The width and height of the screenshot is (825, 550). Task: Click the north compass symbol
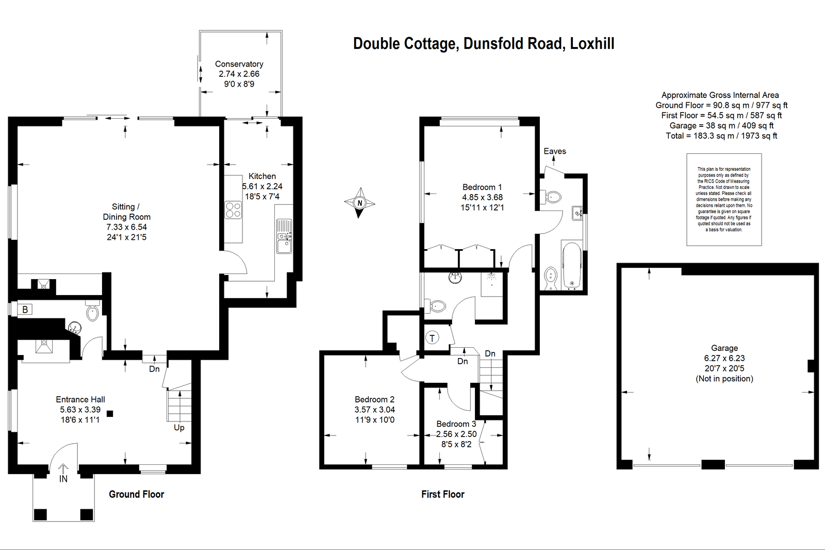click(x=359, y=203)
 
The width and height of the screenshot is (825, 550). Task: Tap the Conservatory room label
click(x=239, y=64)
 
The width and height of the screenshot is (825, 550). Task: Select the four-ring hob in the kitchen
click(x=233, y=210)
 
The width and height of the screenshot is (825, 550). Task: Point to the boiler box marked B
click(x=25, y=309)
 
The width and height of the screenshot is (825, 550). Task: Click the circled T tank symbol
click(x=432, y=337)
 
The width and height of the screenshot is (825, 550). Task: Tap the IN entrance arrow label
click(x=63, y=479)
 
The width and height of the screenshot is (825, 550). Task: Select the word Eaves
click(x=555, y=151)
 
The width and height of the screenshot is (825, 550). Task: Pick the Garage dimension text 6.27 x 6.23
click(x=724, y=358)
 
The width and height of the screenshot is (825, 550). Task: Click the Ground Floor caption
click(x=136, y=494)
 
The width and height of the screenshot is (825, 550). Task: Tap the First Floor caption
click(x=443, y=494)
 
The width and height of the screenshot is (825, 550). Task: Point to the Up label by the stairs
click(x=179, y=428)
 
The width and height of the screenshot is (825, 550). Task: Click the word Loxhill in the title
click(x=592, y=43)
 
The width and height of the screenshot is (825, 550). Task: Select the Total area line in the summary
click(x=721, y=136)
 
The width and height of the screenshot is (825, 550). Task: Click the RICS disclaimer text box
click(x=724, y=200)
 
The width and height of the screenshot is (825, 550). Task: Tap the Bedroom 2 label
click(x=374, y=399)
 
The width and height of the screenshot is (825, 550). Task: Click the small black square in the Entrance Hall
click(x=110, y=414)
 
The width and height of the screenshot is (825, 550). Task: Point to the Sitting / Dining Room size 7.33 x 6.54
click(x=126, y=227)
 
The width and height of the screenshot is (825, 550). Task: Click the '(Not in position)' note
click(x=724, y=379)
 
